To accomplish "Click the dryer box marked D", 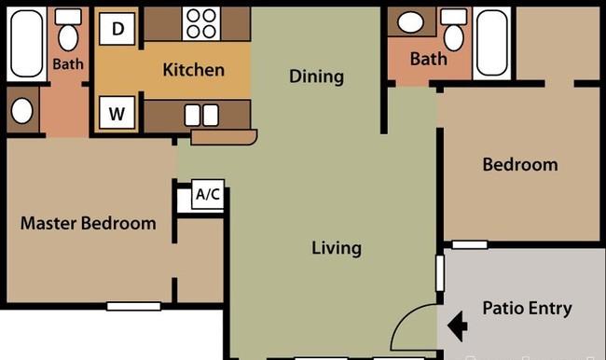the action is [x=117, y=28].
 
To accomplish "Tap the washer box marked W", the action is [x=117, y=113].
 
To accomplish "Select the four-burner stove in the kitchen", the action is [x=201, y=23].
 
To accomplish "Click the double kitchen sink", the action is [x=201, y=116].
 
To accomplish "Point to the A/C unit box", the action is [x=208, y=194].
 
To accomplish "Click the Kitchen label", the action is [x=194, y=70].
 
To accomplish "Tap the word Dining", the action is [x=317, y=76].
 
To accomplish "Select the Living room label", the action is [x=337, y=248].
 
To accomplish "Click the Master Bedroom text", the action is [x=89, y=224].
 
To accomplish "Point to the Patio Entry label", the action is [x=527, y=309].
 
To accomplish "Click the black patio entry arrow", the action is [x=458, y=325].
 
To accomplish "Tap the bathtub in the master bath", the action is [x=26, y=43].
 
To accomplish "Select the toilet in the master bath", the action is [x=68, y=30].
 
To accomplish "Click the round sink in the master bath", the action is [x=22, y=111].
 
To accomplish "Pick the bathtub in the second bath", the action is [x=492, y=43].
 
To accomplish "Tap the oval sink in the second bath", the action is [x=410, y=22].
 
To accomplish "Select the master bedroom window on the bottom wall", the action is [x=133, y=306].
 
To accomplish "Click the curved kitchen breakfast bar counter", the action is [x=224, y=138].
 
